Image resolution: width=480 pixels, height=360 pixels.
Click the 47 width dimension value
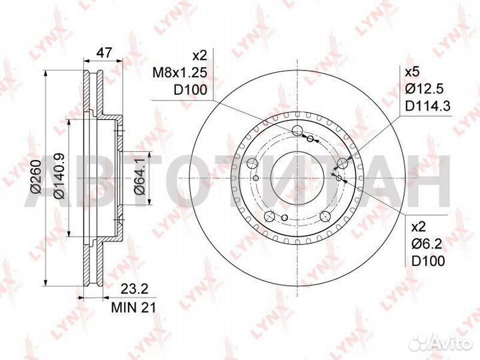tap(105, 53)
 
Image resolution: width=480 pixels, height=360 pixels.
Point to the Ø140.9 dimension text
tap(59, 176)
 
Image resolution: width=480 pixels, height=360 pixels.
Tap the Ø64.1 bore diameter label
tap(139, 177)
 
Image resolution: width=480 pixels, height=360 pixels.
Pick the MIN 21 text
tap(133, 307)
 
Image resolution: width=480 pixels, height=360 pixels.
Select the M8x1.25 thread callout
tap(180, 73)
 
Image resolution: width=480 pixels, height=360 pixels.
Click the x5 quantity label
tap(412, 73)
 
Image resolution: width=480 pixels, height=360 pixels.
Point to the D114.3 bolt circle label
tap(428, 106)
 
